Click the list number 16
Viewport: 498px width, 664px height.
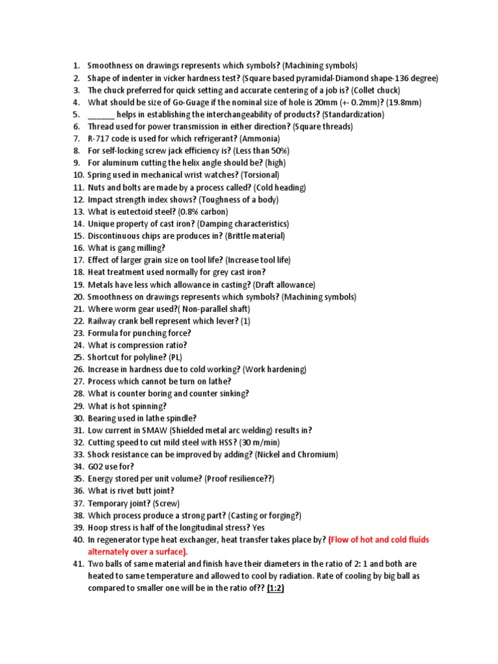point(78,248)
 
